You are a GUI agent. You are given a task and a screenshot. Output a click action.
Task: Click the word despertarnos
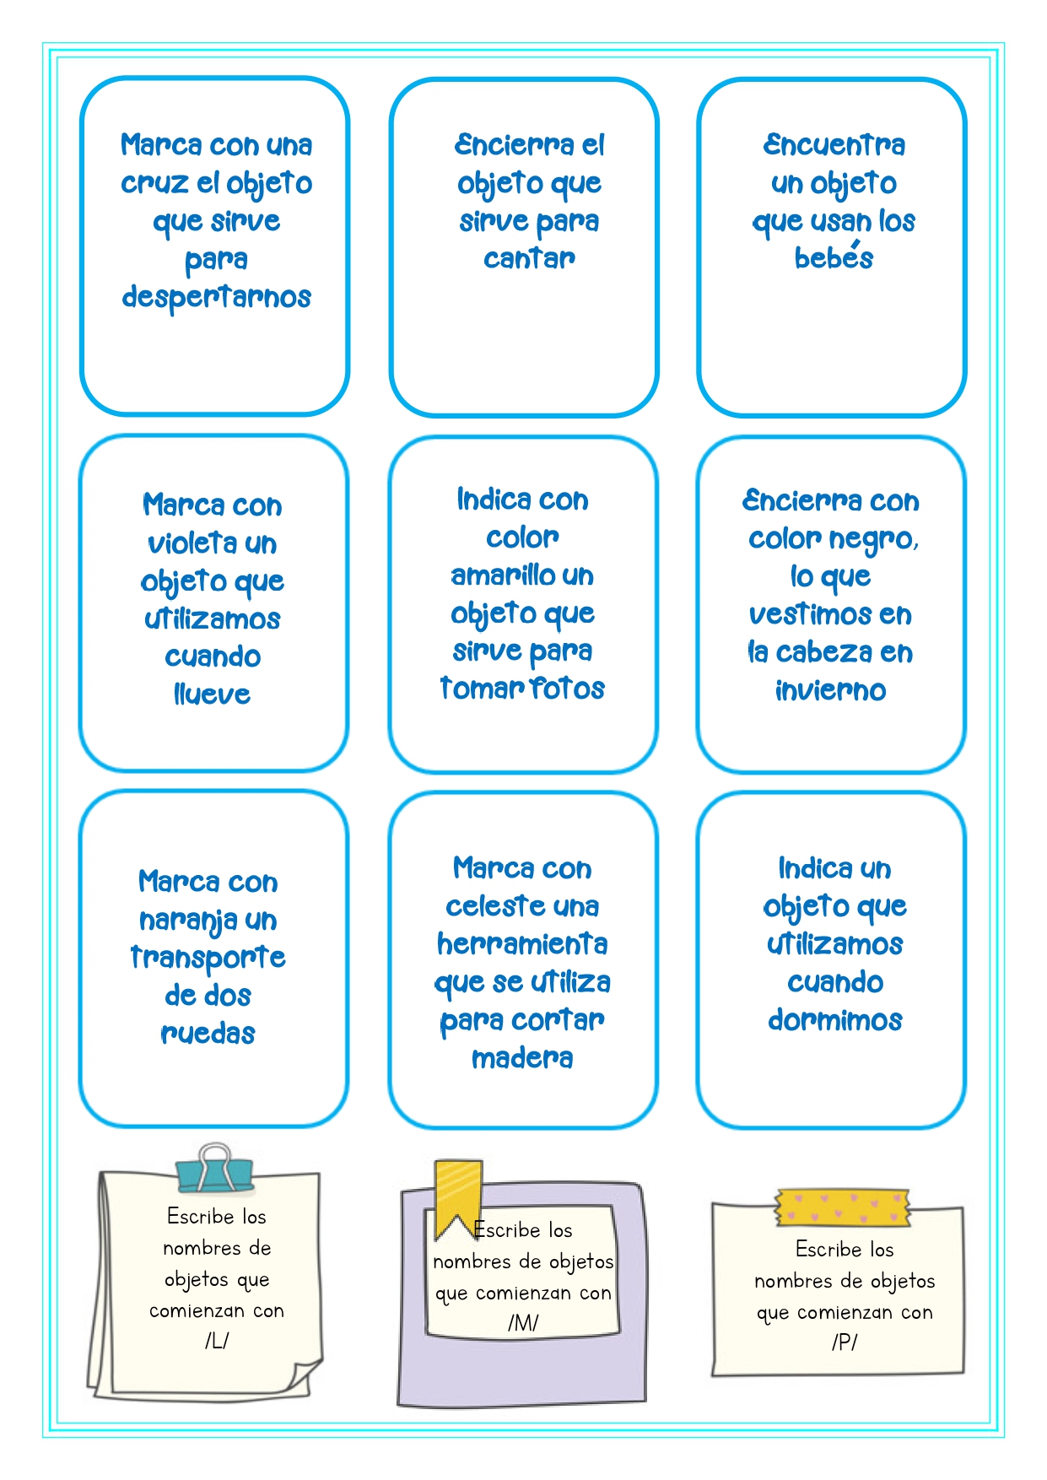pyautogui.click(x=216, y=298)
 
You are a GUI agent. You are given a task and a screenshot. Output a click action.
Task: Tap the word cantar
pyautogui.click(x=529, y=258)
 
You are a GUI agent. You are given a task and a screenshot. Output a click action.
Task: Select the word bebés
pyautogui.click(x=834, y=256)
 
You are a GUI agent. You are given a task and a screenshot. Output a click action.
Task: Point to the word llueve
pyautogui.click(x=212, y=694)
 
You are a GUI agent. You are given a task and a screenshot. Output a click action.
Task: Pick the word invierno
pyautogui.click(x=830, y=690)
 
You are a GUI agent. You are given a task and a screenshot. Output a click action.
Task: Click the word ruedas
pyautogui.click(x=208, y=1033)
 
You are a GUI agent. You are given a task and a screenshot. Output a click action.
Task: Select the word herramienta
pyautogui.click(x=522, y=943)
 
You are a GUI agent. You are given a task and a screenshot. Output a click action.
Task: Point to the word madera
pyautogui.click(x=522, y=1057)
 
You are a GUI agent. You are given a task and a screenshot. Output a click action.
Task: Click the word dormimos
pyautogui.click(x=834, y=1019)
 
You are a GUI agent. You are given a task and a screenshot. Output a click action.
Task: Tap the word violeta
pyautogui.click(x=192, y=543)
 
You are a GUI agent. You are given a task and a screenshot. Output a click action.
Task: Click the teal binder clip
pyautogui.click(x=214, y=1169)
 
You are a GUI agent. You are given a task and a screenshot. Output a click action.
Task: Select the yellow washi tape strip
pyautogui.click(x=843, y=1207)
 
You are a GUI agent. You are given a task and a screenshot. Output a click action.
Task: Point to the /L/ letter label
pyautogui.click(x=217, y=1341)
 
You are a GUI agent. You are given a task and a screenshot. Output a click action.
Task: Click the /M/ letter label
pyautogui.click(x=523, y=1322)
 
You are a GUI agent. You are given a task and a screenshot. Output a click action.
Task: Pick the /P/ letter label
pyautogui.click(x=845, y=1342)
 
